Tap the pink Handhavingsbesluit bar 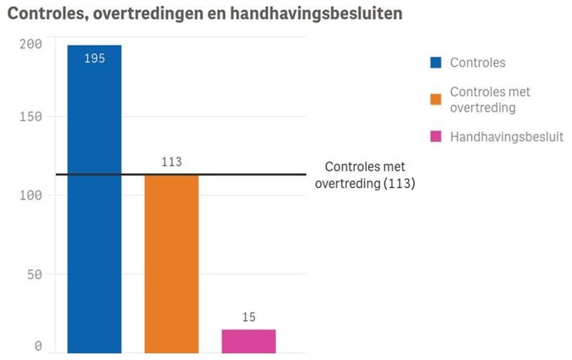click(x=248, y=341)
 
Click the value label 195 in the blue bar click(x=94, y=60)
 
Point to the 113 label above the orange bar click(x=171, y=162)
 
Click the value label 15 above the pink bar click(x=248, y=317)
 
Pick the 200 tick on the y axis click(x=31, y=44)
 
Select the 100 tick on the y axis click(x=31, y=195)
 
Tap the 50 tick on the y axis click(x=33, y=273)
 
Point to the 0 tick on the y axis click(x=37, y=347)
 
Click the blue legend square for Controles click(x=435, y=63)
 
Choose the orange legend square click(x=435, y=99)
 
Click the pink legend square click(x=435, y=137)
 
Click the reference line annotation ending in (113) click(x=364, y=175)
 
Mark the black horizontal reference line click(x=207, y=175)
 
